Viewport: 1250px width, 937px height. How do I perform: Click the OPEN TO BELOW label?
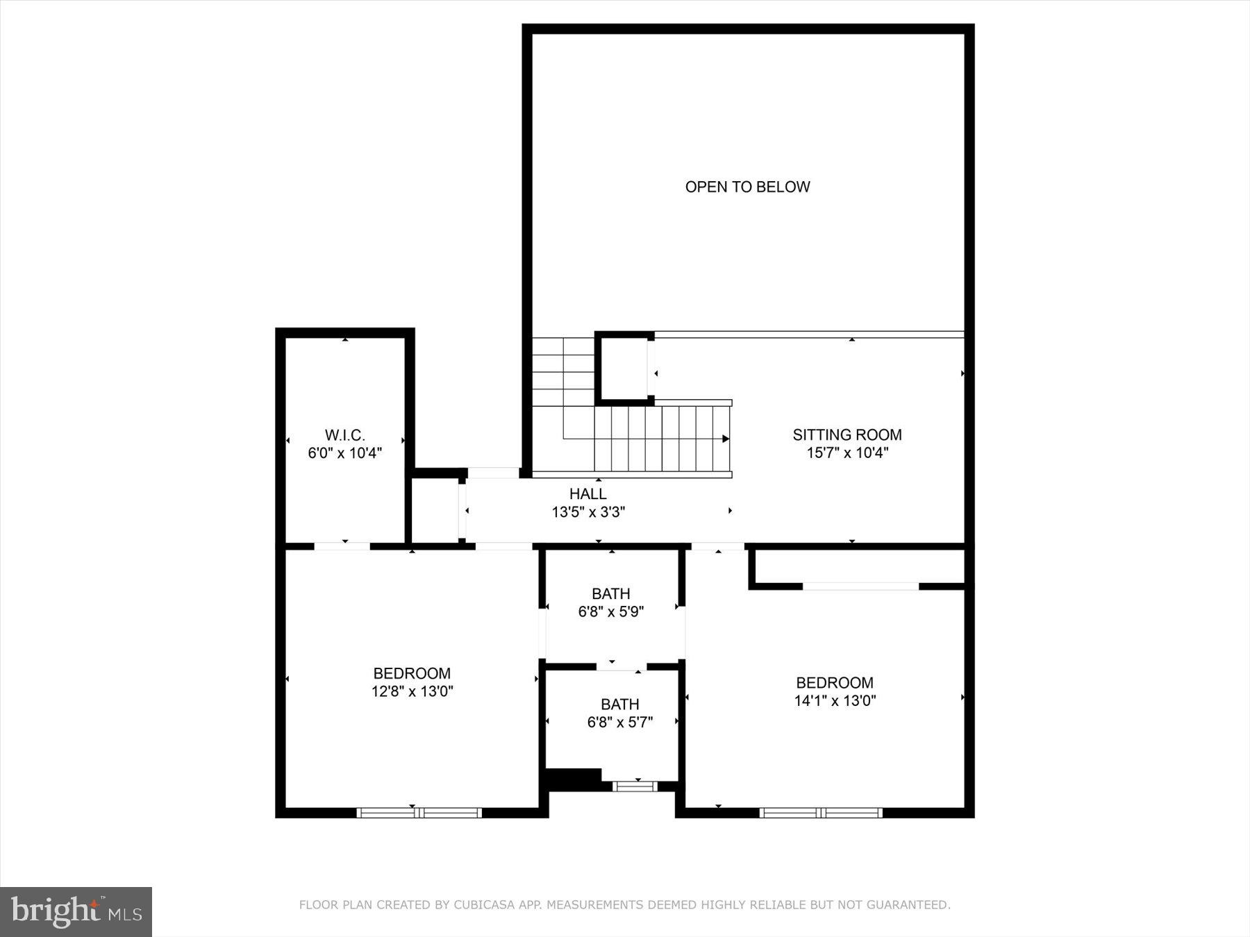tap(747, 187)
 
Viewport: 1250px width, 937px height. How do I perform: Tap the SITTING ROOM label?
tap(847, 435)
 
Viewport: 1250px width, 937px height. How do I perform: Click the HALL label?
tap(587, 494)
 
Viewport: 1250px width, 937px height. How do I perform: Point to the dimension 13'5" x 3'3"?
tap(588, 512)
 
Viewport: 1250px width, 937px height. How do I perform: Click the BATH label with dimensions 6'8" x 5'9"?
tap(610, 594)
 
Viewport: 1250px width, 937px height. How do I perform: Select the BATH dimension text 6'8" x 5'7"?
tap(619, 723)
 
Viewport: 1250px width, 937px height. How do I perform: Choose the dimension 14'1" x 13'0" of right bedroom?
tap(835, 701)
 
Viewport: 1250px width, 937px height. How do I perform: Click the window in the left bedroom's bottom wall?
tap(419, 812)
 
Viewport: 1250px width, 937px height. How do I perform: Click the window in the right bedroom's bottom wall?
tap(821, 812)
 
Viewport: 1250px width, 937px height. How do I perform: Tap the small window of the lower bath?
tap(635, 786)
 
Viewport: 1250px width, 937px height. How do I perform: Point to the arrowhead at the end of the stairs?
tap(725, 439)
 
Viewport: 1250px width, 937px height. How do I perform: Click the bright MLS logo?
tap(76, 911)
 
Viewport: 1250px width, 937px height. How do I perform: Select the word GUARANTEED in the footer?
tap(911, 905)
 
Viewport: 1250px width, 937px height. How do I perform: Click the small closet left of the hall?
tap(435, 510)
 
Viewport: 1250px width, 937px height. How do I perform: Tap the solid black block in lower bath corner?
tap(574, 779)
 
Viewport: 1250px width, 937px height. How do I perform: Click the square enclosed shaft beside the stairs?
tap(623, 369)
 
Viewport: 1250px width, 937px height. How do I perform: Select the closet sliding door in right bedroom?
tap(860, 586)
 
